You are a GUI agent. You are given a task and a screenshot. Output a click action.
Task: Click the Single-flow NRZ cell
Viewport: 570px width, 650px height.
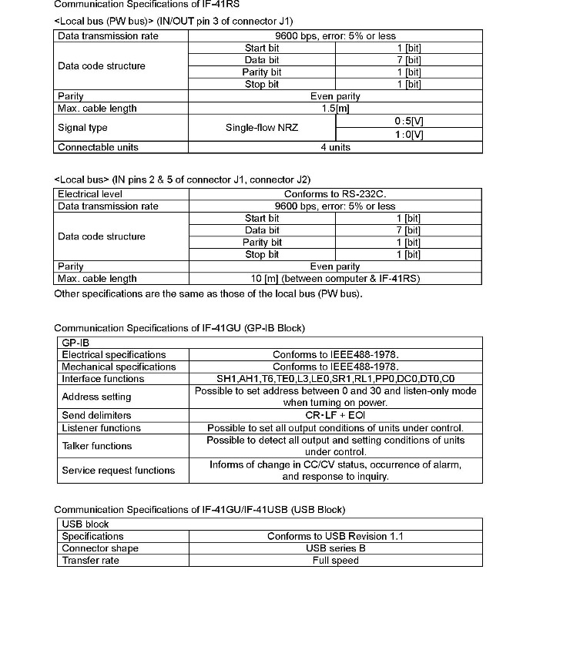click(x=262, y=128)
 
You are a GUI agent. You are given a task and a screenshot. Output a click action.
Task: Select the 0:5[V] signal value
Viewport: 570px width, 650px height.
click(x=408, y=122)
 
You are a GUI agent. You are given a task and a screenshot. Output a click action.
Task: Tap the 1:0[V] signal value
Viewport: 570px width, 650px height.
click(x=408, y=134)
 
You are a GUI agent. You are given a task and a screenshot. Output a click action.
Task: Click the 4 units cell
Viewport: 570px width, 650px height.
click(x=335, y=147)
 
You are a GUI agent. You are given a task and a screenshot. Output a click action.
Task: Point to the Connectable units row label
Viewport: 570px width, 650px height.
click(x=98, y=147)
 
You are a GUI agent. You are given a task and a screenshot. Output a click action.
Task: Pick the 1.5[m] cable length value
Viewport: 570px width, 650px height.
click(x=335, y=109)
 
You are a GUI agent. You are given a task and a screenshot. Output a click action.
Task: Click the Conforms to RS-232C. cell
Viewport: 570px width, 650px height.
click(x=335, y=194)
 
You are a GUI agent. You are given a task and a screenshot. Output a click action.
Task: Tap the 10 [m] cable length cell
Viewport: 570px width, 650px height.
click(x=335, y=279)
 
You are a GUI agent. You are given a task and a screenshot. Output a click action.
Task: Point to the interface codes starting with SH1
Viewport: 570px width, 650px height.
click(x=335, y=379)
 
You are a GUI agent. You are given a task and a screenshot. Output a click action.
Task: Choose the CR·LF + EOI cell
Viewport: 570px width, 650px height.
click(x=335, y=415)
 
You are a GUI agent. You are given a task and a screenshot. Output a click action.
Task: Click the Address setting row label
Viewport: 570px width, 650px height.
click(x=96, y=397)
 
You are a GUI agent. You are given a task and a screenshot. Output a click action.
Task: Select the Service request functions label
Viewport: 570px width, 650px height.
click(x=118, y=470)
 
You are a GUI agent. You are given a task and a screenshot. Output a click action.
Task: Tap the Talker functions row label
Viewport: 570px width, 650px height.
click(x=96, y=446)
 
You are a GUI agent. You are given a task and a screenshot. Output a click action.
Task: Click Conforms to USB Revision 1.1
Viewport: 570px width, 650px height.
click(x=335, y=536)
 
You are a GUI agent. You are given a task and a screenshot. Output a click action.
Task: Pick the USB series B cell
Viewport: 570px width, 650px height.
click(x=335, y=548)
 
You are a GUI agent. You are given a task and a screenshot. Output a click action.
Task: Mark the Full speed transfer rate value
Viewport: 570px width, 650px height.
click(x=335, y=561)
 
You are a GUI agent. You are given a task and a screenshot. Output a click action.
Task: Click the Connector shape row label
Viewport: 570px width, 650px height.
click(x=100, y=548)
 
